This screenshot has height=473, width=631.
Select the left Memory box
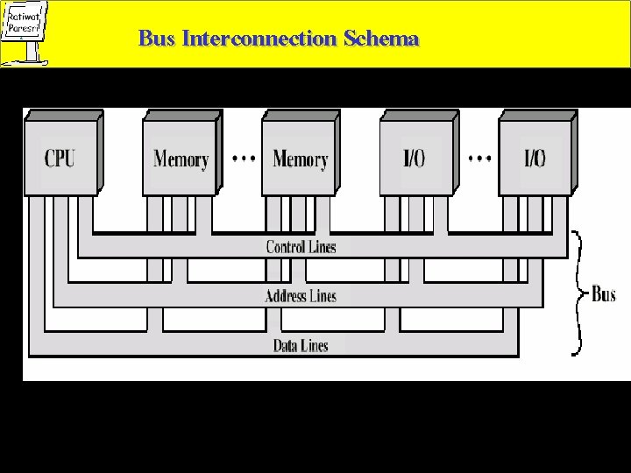pyautogui.click(x=179, y=158)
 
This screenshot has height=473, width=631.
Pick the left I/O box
pyautogui.click(x=415, y=158)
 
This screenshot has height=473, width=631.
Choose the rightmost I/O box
pyautogui.click(x=535, y=158)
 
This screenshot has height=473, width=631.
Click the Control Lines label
pyautogui.click(x=301, y=247)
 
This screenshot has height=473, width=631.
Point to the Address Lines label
pyautogui.click(x=301, y=296)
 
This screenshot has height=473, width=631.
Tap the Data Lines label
pyautogui.click(x=301, y=345)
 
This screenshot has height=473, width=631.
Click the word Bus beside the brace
pyautogui.click(x=604, y=294)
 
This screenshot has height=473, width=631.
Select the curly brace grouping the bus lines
pyautogui.click(x=579, y=294)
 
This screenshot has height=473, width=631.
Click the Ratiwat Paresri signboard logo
pyautogui.click(x=25, y=30)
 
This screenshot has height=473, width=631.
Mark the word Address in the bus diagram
pyautogui.click(x=286, y=296)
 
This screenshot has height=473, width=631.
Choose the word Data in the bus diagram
pyautogui.click(x=287, y=345)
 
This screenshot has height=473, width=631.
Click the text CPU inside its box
pyautogui.click(x=60, y=159)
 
